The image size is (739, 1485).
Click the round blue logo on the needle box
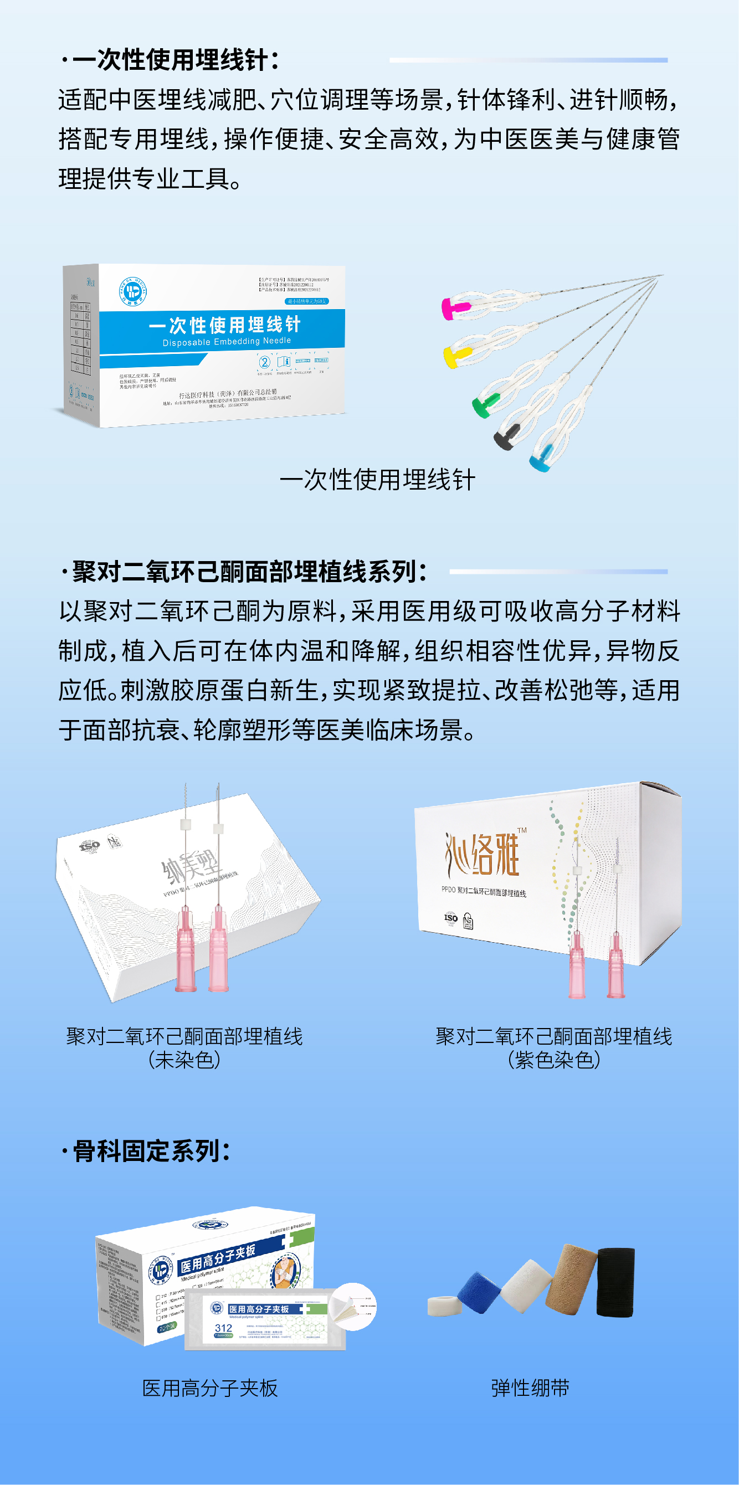(132, 291)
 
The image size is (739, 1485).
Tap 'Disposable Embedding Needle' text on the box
(227, 342)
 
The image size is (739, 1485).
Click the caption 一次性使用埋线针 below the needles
(377, 480)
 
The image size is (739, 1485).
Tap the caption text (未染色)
(184, 1060)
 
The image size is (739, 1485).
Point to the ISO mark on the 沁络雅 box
(451, 918)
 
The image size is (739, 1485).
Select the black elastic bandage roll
(615, 1282)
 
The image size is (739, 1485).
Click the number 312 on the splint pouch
(223, 1328)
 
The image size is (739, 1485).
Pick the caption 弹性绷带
(530, 1388)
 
